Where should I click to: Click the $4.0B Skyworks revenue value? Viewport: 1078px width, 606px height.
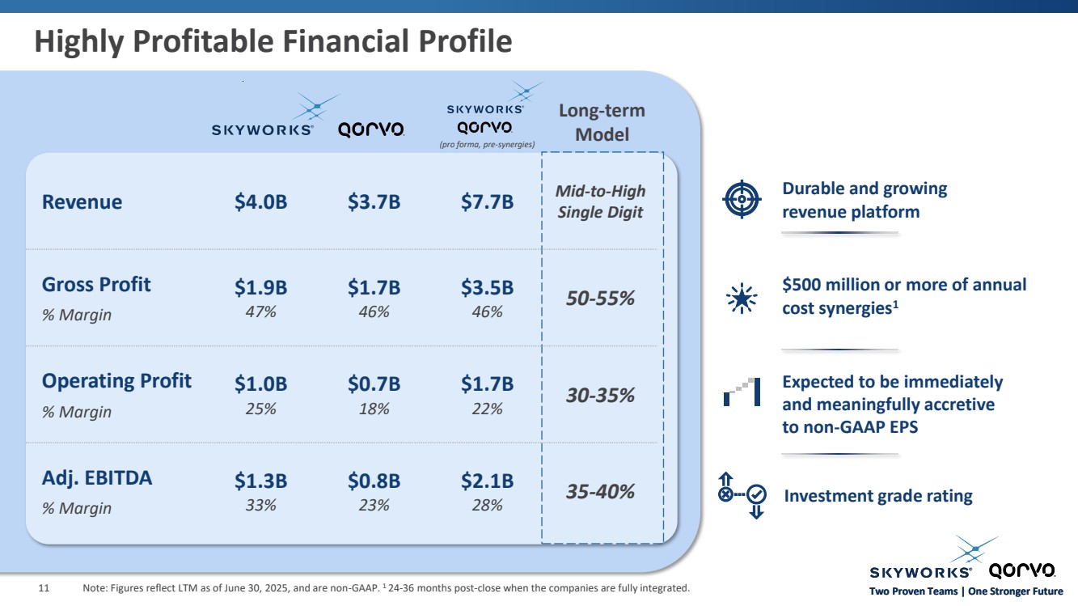tap(260, 202)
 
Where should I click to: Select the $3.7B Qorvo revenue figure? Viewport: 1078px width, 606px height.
tap(374, 202)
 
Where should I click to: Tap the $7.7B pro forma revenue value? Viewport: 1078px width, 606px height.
tap(487, 202)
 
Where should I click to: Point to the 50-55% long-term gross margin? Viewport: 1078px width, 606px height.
tap(600, 299)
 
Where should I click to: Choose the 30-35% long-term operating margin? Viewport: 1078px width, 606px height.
tap(600, 396)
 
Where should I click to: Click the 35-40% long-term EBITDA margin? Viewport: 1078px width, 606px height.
tap(600, 491)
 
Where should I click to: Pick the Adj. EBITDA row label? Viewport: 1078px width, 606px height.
tap(97, 478)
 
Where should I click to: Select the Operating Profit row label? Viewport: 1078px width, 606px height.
tap(116, 381)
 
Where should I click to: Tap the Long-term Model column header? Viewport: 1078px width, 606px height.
tap(602, 122)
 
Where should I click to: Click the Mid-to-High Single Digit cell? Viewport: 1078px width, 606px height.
tap(600, 201)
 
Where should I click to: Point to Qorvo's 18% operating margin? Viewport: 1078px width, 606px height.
tap(374, 409)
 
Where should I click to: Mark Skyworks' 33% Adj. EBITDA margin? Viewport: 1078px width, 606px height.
tap(260, 506)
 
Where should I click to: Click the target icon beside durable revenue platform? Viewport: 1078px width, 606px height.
tap(742, 200)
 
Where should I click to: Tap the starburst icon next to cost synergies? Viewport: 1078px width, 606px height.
tap(742, 299)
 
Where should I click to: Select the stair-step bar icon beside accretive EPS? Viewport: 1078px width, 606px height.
tap(742, 392)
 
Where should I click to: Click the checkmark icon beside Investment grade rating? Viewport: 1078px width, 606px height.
tap(757, 494)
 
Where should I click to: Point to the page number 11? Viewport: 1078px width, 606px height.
tap(45, 588)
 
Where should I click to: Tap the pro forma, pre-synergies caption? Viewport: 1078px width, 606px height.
tap(487, 145)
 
